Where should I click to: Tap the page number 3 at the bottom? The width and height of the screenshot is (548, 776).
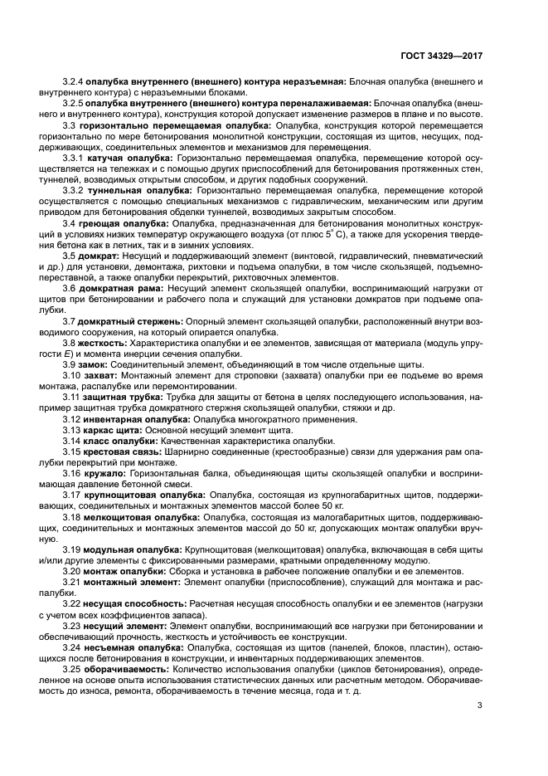pos(480,706)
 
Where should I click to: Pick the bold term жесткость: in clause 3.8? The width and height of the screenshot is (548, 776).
pos(103,342)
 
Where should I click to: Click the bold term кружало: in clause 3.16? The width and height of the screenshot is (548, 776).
pos(104,472)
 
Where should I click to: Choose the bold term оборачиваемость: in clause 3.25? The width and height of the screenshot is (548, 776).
pos(127,667)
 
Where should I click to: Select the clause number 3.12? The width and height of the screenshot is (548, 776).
pos(73,419)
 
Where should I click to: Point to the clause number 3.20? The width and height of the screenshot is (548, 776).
pos(73,570)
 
